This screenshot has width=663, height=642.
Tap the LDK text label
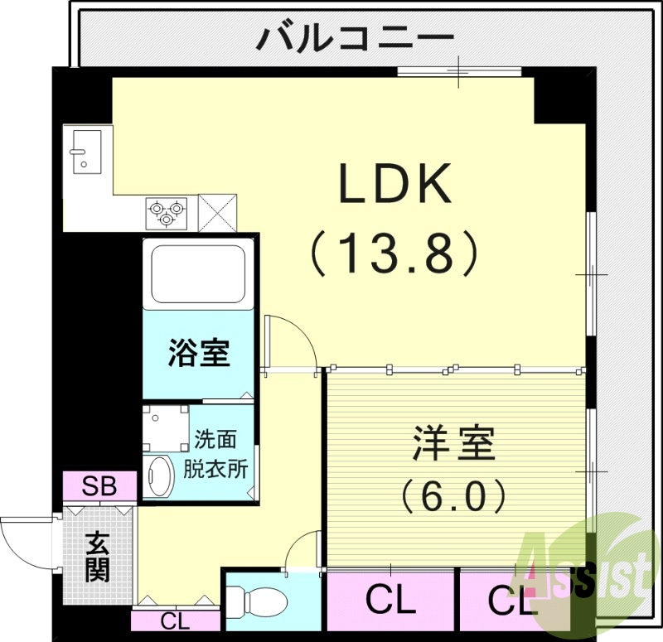(394, 185)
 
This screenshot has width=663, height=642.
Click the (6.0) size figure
(452, 498)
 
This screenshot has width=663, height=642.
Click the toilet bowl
(249, 597)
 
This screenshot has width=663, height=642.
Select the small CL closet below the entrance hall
(174, 620)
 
